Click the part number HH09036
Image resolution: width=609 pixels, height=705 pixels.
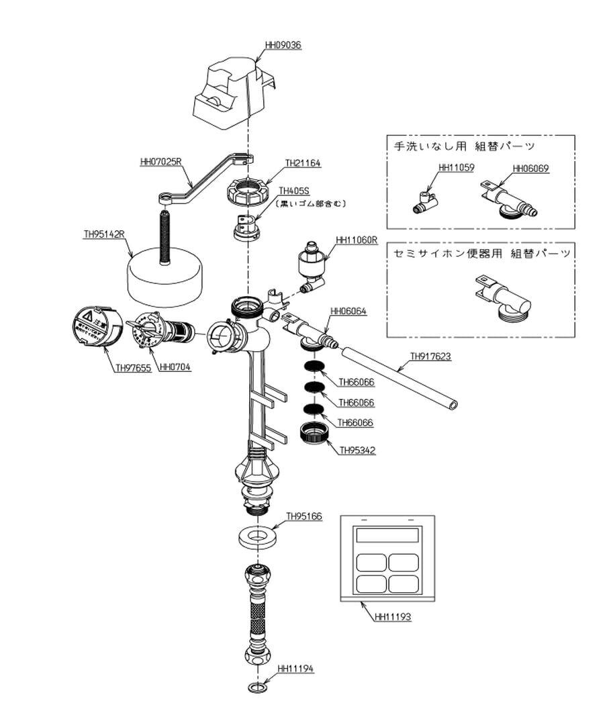pyautogui.click(x=283, y=45)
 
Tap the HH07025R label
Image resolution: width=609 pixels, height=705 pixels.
pyautogui.click(x=160, y=162)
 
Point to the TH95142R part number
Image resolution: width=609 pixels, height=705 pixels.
pyautogui.click(x=105, y=234)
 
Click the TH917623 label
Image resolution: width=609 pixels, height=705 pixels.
pyautogui.click(x=430, y=357)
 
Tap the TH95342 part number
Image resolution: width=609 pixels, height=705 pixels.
pyautogui.click(x=357, y=451)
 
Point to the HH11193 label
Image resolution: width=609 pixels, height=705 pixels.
pyautogui.click(x=393, y=616)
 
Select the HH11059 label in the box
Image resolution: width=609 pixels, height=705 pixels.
pyautogui.click(x=456, y=169)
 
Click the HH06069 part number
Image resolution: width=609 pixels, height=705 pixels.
pyautogui.click(x=530, y=169)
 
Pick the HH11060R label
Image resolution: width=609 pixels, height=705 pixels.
pyautogui.click(x=357, y=239)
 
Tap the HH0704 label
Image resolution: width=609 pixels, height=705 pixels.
pyautogui.click(x=174, y=367)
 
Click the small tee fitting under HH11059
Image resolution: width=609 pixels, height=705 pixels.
pyautogui.click(x=424, y=201)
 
